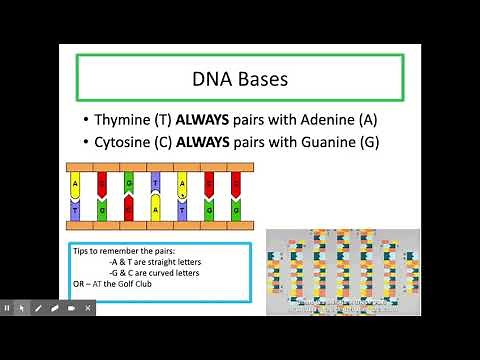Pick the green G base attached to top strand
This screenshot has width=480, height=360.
[128, 181]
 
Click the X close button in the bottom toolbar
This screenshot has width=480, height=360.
[88, 308]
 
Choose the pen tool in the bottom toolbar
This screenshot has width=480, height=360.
[38, 308]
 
